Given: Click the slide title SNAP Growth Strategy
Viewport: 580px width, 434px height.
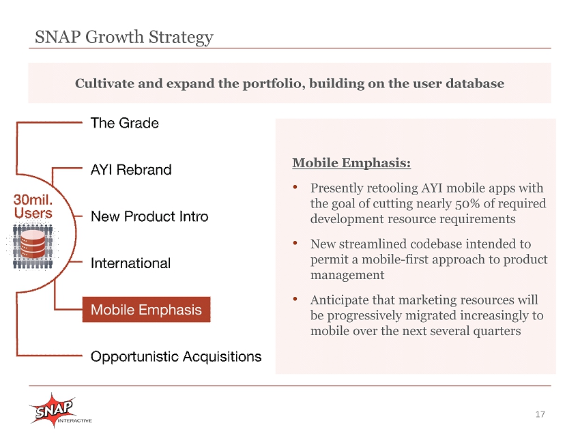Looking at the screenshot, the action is [x=124, y=38].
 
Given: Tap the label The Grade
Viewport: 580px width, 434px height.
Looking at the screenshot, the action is [x=125, y=123].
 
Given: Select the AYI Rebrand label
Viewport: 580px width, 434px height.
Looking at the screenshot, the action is [x=131, y=169].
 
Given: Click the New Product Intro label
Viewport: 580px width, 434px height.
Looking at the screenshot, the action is [x=149, y=216].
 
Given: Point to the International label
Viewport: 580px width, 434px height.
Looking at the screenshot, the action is [x=130, y=263].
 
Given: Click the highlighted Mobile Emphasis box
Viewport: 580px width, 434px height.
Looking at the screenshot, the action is [x=146, y=309].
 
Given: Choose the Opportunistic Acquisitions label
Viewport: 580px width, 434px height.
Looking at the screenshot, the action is [x=176, y=357].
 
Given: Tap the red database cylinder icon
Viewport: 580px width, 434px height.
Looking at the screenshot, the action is [x=33, y=244].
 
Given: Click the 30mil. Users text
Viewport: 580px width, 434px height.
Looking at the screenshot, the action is [x=33, y=206].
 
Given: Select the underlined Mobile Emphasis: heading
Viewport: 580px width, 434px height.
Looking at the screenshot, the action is [x=351, y=163].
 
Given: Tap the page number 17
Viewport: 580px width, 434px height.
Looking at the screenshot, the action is [x=540, y=414].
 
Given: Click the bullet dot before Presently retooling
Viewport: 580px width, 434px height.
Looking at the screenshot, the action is [x=295, y=187].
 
